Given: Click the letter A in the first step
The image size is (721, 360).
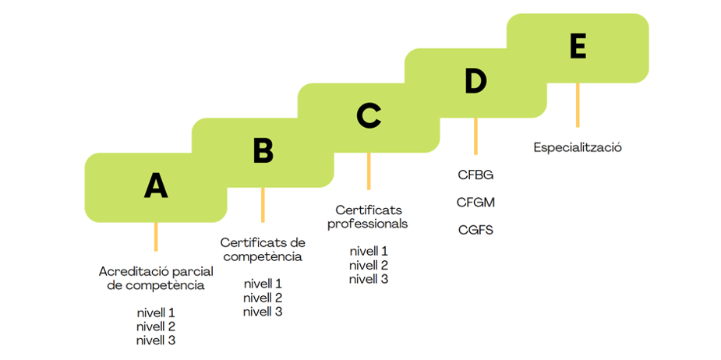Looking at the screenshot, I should pos(156,185).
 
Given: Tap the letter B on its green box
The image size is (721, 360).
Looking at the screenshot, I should pos(263,151).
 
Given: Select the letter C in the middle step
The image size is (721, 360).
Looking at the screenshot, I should pos(368,116).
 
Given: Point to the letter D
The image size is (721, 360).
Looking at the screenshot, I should pos(475,81).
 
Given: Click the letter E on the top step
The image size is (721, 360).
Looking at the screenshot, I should pos(578,47).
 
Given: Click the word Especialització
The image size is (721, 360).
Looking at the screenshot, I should pos(578,147).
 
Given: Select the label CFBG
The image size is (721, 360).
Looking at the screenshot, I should pos(475,175).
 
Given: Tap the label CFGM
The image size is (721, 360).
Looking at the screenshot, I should pos(475,203).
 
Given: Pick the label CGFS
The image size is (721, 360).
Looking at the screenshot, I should pos(475,230).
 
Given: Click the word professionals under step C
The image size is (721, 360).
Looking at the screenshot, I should pos(368,224).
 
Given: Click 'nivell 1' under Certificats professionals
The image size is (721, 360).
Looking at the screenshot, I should pos(368,251).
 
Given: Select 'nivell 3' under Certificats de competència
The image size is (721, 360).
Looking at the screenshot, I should pos(263,312).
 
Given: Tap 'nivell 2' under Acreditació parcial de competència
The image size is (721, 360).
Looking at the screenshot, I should pos(156,326).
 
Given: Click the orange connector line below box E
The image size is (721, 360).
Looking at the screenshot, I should pos(578,104).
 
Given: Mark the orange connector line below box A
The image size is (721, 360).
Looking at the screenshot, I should pos(156,236).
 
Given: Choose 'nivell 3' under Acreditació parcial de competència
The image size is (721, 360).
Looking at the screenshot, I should pos(156,341).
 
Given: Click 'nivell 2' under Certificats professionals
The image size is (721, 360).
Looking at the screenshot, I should pos(368,265).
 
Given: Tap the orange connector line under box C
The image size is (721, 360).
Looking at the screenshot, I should pos(369,171).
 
